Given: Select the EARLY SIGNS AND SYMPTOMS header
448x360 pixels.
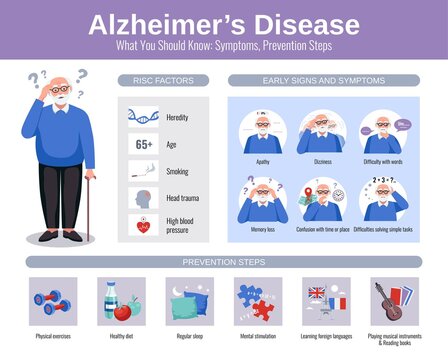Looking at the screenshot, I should pos(319,79).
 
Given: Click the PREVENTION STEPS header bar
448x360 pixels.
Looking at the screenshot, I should pos(223,262).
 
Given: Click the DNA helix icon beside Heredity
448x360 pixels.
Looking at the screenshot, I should pos(143,116).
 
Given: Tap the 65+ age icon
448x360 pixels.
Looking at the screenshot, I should pos(143,144).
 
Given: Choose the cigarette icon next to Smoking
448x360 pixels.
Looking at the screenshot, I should pos(143,171).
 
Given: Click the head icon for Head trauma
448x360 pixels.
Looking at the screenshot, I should pos(143,197).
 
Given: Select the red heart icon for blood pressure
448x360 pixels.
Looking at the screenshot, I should pos(143,226).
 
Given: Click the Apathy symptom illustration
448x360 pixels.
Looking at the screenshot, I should pos(261,132).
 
